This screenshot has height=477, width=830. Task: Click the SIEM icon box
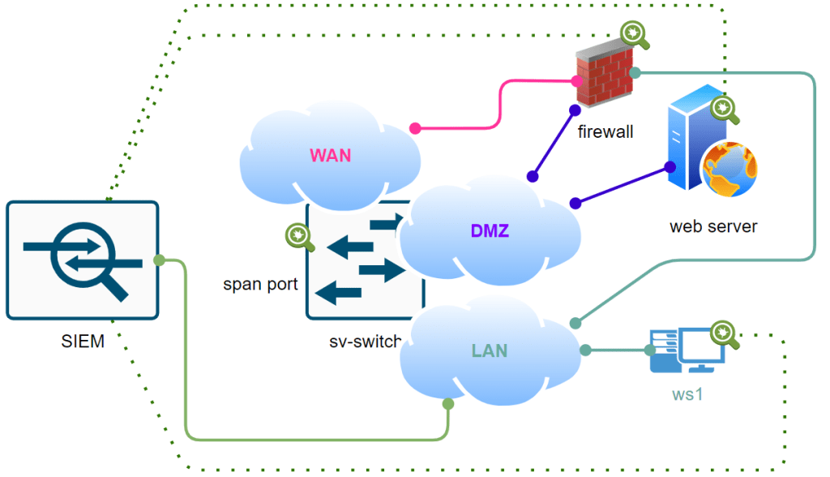point(82,260)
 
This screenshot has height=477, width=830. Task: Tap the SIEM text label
point(83,342)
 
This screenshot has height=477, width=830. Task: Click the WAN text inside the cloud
point(331,155)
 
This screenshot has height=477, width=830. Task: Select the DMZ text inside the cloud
point(490,231)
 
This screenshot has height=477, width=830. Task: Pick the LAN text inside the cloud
point(490,351)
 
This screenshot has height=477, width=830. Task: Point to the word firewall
point(605,131)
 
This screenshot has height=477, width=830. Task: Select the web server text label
point(713,226)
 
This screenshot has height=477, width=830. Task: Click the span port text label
point(260,285)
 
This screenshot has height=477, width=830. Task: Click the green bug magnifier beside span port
point(299,236)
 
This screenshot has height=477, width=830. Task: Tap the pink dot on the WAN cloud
point(415,128)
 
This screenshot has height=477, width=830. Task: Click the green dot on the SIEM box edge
point(160,260)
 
